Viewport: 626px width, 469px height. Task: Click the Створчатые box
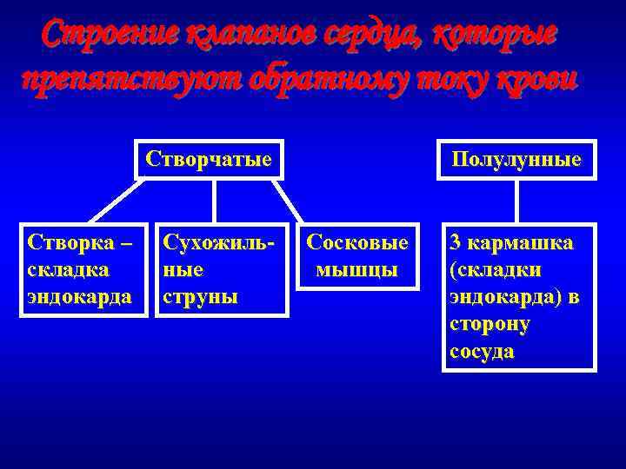point(210,160)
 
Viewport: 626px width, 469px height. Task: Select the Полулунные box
point(517,161)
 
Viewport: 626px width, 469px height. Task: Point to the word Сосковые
point(357,243)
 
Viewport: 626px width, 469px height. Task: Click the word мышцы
point(357,270)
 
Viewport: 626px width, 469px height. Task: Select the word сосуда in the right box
point(482,352)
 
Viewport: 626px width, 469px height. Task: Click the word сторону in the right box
point(489,325)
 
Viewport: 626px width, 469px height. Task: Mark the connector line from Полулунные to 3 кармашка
point(517,201)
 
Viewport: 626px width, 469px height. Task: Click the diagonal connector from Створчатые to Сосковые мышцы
point(292,201)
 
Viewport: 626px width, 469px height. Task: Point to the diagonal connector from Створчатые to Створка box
point(113,201)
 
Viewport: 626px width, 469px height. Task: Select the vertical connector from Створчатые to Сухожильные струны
point(214,201)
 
